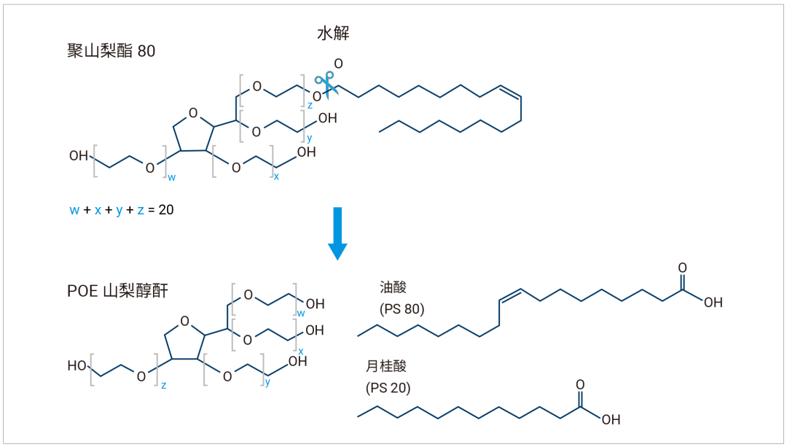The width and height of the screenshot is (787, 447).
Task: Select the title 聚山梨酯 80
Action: tap(111, 52)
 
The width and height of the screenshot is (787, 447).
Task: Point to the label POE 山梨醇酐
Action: tap(117, 291)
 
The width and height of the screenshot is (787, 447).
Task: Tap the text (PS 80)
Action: tap(402, 308)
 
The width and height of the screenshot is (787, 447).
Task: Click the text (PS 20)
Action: tap(388, 388)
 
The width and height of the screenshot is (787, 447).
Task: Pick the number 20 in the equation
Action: tap(165, 210)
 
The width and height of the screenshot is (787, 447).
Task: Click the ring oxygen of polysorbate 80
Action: tap(193, 113)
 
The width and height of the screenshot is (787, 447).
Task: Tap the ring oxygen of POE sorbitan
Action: tap(184, 322)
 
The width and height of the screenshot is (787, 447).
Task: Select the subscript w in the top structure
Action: tap(171, 177)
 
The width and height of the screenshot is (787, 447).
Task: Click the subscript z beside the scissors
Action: tap(309, 106)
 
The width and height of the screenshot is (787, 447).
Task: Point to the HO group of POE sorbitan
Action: tap(77, 366)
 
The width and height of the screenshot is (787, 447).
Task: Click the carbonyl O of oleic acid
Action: tap(682, 268)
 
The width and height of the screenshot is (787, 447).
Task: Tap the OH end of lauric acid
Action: tap(611, 419)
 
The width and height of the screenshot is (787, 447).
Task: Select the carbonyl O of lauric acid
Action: tap(580, 384)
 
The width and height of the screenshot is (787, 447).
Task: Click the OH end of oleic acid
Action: tap(713, 303)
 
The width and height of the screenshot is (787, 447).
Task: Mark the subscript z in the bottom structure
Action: tap(163, 386)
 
